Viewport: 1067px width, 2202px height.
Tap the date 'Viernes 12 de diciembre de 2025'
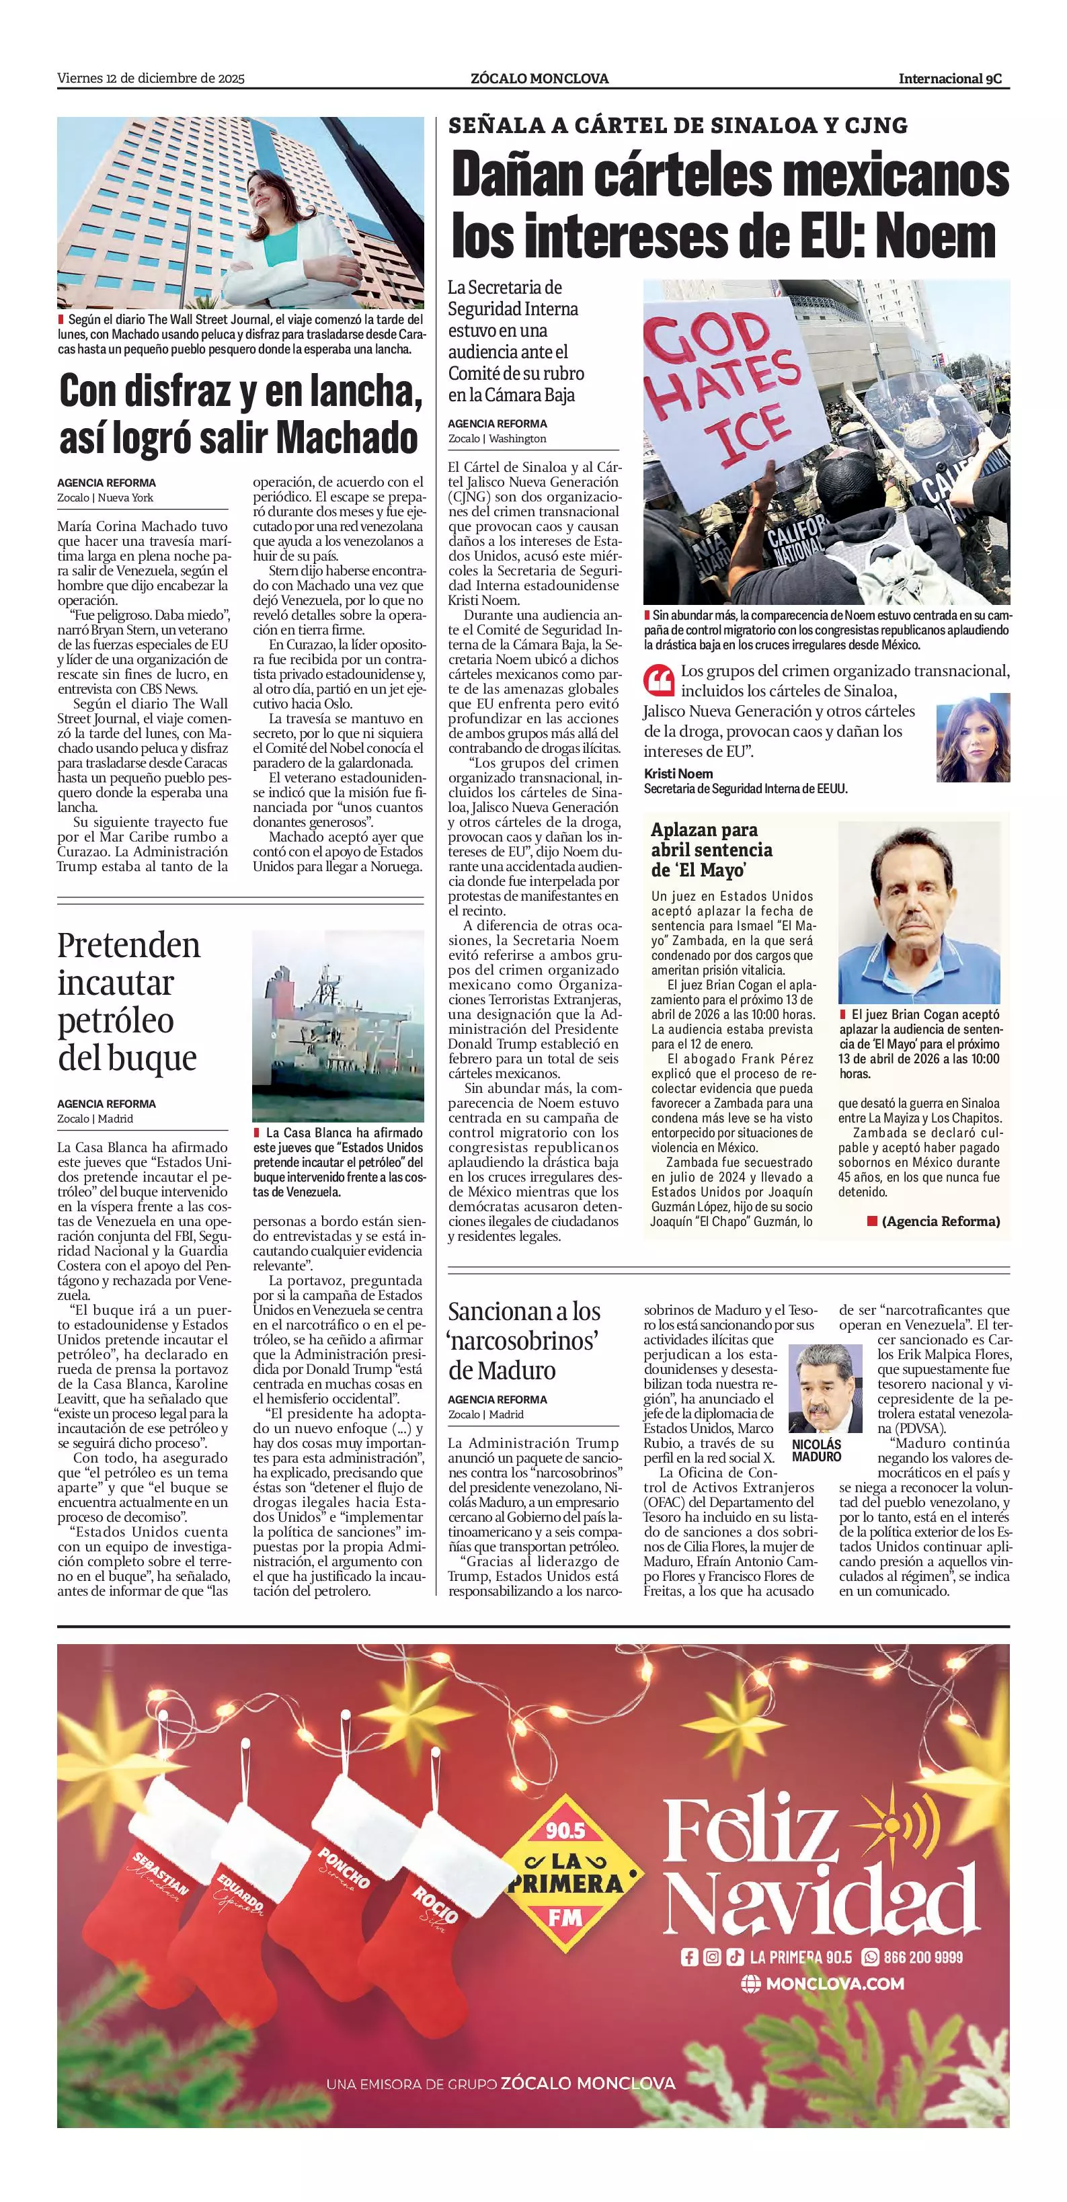tap(151, 79)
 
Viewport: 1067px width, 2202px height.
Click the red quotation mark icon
tap(658, 679)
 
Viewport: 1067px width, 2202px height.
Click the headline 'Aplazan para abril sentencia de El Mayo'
tap(711, 849)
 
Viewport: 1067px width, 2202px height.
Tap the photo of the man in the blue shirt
tap(919, 912)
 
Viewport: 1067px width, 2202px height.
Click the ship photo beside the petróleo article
tap(338, 1025)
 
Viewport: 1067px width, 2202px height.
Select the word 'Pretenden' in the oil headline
tap(129, 946)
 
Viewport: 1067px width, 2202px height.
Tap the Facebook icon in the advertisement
tap(689, 1957)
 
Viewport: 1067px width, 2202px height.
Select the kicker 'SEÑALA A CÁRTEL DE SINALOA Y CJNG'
tap(678, 126)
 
